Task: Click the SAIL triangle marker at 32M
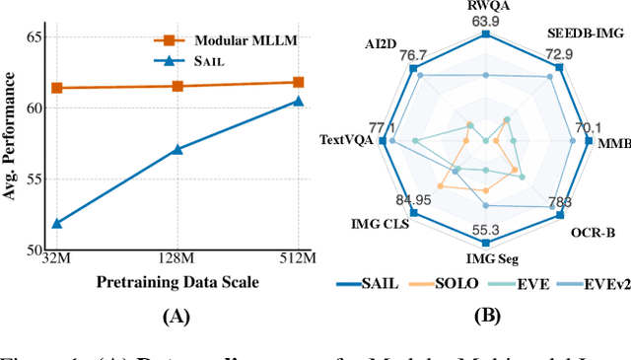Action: (x=56, y=224)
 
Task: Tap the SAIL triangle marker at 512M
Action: (x=298, y=101)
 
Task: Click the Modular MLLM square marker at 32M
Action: (x=56, y=88)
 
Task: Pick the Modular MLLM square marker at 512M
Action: (x=298, y=83)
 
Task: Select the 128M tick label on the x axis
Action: (x=177, y=259)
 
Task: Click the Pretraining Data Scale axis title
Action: (x=177, y=282)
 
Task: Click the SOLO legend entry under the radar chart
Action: (x=453, y=284)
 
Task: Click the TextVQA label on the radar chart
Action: (x=345, y=140)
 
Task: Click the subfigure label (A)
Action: (x=177, y=317)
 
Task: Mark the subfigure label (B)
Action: (x=485, y=317)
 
